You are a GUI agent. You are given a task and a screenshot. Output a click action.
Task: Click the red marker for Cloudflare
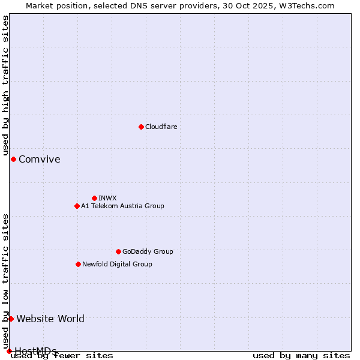coord(141,127)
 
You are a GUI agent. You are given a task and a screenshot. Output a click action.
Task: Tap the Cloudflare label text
coord(161,127)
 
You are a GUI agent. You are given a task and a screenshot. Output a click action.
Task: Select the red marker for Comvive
coord(13,159)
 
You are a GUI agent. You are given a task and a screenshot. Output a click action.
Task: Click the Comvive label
coord(39,159)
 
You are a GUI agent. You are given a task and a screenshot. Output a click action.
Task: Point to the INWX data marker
coord(94,198)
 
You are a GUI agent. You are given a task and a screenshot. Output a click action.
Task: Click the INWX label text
coord(107,198)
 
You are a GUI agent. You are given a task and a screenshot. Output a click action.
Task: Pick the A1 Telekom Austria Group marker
coord(77,206)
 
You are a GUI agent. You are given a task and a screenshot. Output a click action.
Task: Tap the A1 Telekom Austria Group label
coord(122,206)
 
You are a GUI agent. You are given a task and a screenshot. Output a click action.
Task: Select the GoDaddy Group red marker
coord(118,251)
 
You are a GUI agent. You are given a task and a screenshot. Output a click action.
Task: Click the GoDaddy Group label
coord(148,251)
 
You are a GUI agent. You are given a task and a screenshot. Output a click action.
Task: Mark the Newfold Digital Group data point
coord(78,264)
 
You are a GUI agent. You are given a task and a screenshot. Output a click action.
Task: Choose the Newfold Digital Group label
coord(117,264)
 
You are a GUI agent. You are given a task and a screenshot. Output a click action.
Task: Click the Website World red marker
coord(11,319)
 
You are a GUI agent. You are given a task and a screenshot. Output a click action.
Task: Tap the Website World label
coord(50,319)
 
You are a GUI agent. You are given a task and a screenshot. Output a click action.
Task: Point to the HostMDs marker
coord(9,351)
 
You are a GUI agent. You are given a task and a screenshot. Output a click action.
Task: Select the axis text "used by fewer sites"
coord(62,356)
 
